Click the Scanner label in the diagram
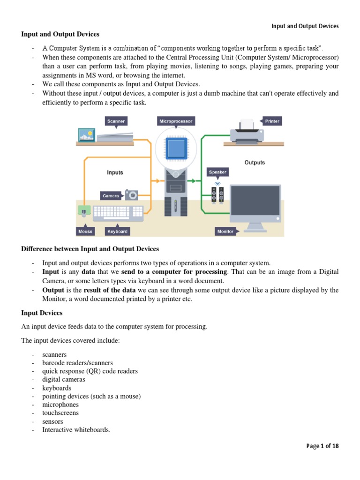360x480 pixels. point(116,121)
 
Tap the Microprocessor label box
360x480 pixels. point(175,121)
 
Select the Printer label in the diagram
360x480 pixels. point(272,121)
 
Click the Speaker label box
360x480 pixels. point(217,172)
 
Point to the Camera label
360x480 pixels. point(111,195)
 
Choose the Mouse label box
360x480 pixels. point(85,231)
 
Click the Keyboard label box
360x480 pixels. point(117,231)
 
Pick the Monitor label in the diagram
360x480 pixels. point(225,231)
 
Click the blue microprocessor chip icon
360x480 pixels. point(175,149)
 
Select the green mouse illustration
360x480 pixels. point(84,211)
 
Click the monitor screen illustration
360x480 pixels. point(255,200)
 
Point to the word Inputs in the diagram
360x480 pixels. point(115,172)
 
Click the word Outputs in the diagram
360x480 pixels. point(255,163)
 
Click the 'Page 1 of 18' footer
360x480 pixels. point(322,446)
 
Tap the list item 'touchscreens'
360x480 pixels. point(60,413)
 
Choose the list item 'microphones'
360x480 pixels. point(60,405)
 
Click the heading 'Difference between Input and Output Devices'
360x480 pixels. point(90,249)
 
